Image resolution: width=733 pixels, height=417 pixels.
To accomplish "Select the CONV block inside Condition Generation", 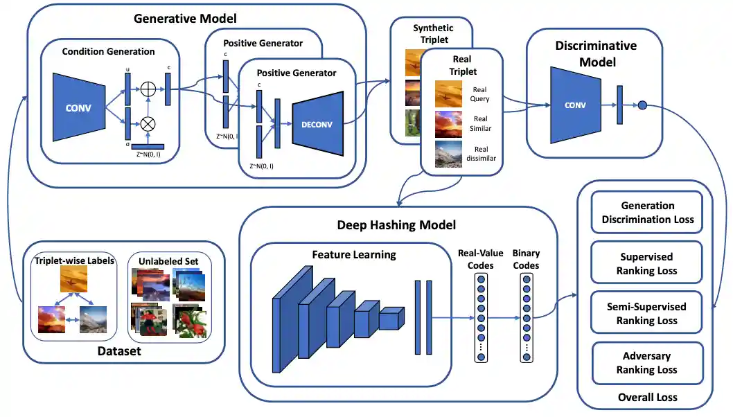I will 79,107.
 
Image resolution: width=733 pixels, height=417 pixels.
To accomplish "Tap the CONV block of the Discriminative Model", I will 575,105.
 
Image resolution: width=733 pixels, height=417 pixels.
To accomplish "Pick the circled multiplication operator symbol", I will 148,125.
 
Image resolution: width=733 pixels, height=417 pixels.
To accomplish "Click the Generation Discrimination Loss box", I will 647,213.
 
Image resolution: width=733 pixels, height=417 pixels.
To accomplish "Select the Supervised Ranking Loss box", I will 647,264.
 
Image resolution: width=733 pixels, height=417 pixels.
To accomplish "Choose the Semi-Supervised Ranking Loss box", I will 647,314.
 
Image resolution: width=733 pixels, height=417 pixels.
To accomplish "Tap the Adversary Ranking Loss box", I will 647,363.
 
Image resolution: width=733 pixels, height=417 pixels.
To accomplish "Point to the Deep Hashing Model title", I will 397,225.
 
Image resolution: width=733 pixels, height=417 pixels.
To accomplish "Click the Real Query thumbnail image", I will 448,94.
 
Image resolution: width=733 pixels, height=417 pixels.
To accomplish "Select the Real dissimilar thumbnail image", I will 448,154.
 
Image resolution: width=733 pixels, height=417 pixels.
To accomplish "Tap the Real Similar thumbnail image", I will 448,124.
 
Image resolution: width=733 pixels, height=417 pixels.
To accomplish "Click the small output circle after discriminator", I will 642,105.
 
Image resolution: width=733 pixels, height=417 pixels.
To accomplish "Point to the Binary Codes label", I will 525,260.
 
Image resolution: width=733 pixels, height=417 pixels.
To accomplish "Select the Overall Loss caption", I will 647,398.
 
